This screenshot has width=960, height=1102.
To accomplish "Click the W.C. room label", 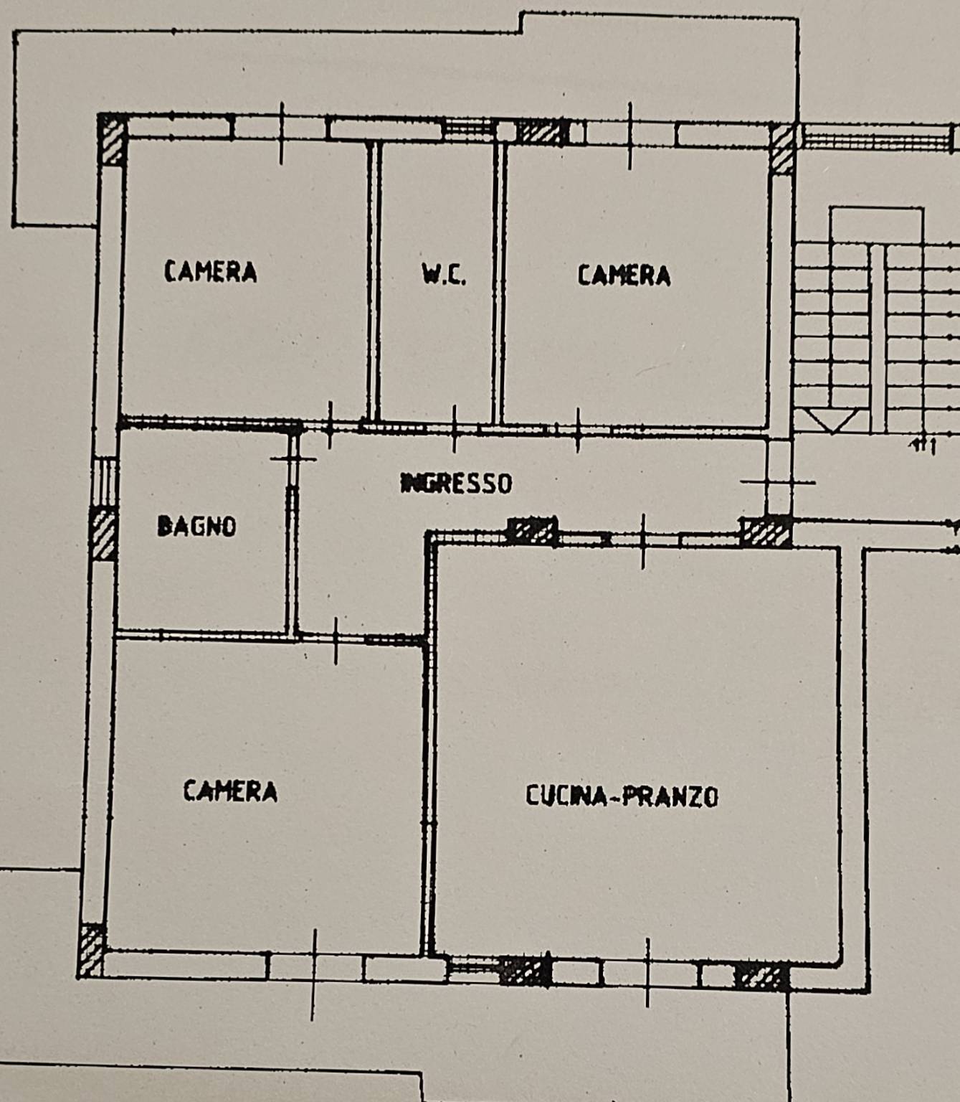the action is pyautogui.click(x=444, y=275).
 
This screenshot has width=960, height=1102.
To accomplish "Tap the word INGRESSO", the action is pyautogui.click(x=457, y=483).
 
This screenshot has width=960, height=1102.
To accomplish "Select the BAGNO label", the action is pyautogui.click(x=197, y=526).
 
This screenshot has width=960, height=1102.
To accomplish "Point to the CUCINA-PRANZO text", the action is pyautogui.click(x=622, y=796).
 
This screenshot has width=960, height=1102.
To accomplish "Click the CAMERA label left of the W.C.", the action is pyautogui.click(x=210, y=271).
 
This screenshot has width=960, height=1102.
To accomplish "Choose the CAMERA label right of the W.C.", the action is pyautogui.click(x=624, y=275).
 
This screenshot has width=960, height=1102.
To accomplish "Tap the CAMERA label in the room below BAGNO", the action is pyautogui.click(x=230, y=791).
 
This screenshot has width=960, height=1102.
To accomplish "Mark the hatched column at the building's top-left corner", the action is pyautogui.click(x=113, y=139).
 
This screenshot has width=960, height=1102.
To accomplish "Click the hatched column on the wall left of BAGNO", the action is pyautogui.click(x=103, y=533).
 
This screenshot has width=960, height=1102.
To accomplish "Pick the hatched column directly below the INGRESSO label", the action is pyautogui.click(x=533, y=531).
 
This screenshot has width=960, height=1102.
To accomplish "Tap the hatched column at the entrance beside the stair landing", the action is pyautogui.click(x=766, y=532).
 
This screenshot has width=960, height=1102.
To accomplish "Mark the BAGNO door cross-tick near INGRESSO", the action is pyautogui.click(x=293, y=459).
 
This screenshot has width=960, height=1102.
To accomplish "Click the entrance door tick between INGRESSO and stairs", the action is pyautogui.click(x=778, y=482).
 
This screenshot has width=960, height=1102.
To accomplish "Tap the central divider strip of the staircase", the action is pyautogui.click(x=878, y=338).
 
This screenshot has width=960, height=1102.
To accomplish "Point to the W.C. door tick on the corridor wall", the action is pyautogui.click(x=455, y=429).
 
